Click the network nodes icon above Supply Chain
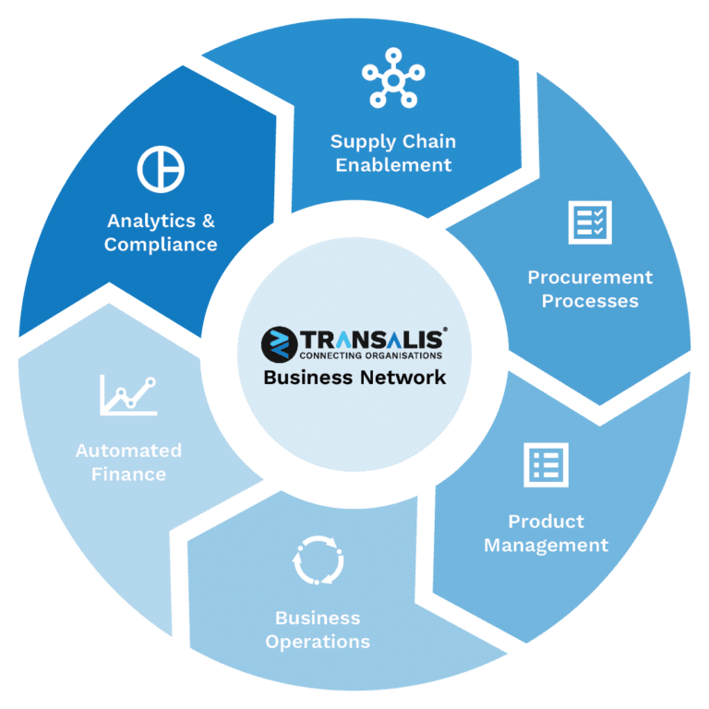[393, 80]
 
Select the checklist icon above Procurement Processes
[590, 222]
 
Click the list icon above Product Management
[546, 465]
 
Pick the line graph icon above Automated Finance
[128, 395]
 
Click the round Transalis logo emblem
[280, 344]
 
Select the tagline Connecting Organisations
[371, 355]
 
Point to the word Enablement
[393, 165]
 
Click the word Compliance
[161, 245]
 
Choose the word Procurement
[590, 277]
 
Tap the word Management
[547, 546]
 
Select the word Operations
[318, 643]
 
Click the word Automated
[129, 451]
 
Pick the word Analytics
[151, 222]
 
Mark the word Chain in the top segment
[429, 141]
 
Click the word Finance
[129, 475]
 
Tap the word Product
[547, 522]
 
